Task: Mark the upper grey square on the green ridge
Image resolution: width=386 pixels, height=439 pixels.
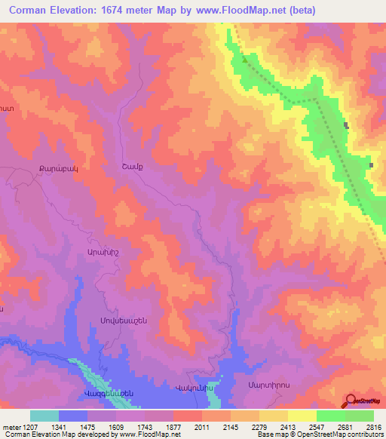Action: [346, 125]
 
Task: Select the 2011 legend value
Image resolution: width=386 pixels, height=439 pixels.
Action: [203, 427]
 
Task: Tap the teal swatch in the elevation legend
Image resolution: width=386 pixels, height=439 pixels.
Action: [44, 416]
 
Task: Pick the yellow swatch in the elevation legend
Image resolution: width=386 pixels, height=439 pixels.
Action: [302, 416]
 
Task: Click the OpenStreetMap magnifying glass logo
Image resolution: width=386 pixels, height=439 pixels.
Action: [351, 401]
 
